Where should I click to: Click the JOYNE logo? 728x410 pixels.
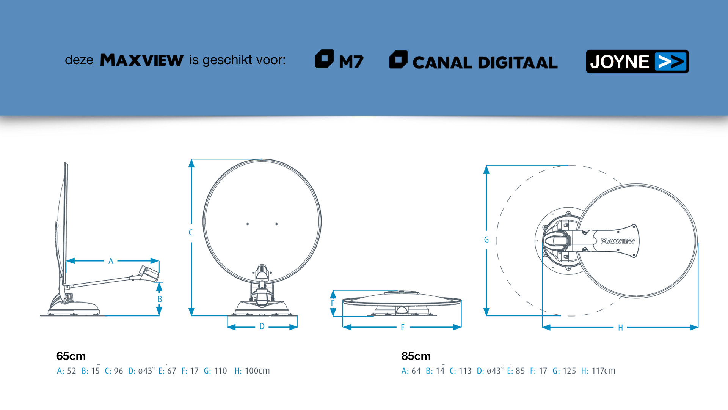(637, 61)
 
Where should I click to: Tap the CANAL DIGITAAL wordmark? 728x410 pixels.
(485, 63)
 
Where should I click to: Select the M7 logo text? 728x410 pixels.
(351, 61)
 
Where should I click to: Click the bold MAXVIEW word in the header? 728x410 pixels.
(142, 60)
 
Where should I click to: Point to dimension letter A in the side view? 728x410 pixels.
(111, 261)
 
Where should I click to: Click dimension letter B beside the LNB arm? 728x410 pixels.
(160, 299)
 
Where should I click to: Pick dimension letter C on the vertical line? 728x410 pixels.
(191, 232)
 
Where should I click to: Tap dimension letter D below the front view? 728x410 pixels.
(262, 326)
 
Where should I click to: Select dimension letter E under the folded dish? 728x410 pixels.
(403, 327)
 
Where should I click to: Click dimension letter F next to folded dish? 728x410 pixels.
(333, 303)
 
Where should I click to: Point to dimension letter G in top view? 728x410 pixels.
(486, 240)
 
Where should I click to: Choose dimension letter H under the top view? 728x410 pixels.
(620, 328)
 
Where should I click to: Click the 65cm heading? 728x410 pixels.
(71, 356)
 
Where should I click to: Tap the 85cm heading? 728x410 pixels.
(416, 356)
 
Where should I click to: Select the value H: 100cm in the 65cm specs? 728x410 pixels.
(252, 371)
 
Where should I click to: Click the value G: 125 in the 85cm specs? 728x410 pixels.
(564, 371)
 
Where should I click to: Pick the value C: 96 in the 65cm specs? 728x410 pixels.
(114, 371)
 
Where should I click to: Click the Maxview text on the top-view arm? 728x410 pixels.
(618, 241)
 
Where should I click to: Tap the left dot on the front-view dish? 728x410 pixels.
(248, 224)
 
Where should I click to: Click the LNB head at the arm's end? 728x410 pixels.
(149, 273)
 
